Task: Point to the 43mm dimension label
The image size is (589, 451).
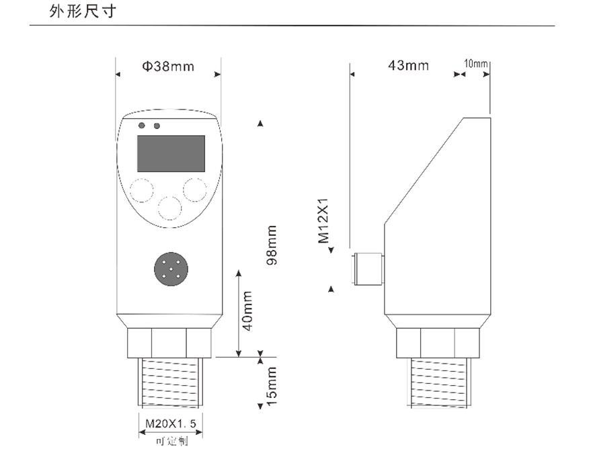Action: tap(408, 65)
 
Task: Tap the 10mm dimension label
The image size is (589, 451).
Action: tap(475, 64)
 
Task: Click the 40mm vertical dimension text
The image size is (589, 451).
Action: tap(247, 311)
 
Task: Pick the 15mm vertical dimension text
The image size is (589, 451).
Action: tap(272, 386)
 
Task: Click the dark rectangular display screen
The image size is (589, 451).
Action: tap(171, 153)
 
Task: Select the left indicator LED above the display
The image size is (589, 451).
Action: tap(142, 126)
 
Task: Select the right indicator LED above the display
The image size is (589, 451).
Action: tap(157, 126)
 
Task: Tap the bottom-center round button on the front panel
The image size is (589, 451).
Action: tap(169, 208)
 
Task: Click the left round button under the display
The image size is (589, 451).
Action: tap(142, 191)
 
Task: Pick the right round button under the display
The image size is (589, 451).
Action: tap(196, 190)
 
